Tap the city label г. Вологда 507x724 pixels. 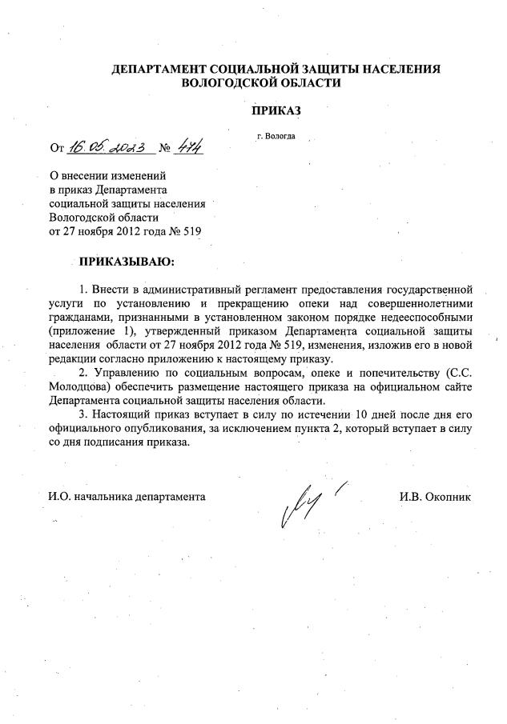point(276,136)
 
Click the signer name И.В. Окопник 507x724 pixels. point(435,497)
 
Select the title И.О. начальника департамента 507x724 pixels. point(127,497)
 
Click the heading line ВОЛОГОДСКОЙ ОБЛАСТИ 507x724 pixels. point(261,83)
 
